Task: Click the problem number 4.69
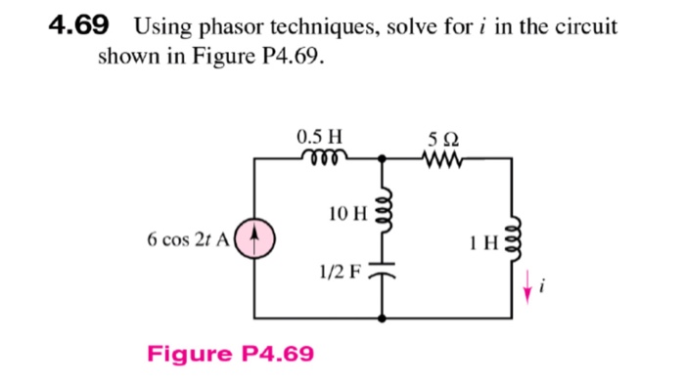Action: pyautogui.click(x=77, y=25)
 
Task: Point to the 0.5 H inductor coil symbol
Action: pyautogui.click(x=320, y=156)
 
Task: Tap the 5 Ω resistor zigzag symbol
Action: pyautogui.click(x=440, y=156)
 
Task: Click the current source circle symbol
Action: pyautogui.click(x=255, y=237)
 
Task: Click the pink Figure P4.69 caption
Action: pyautogui.click(x=231, y=352)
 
